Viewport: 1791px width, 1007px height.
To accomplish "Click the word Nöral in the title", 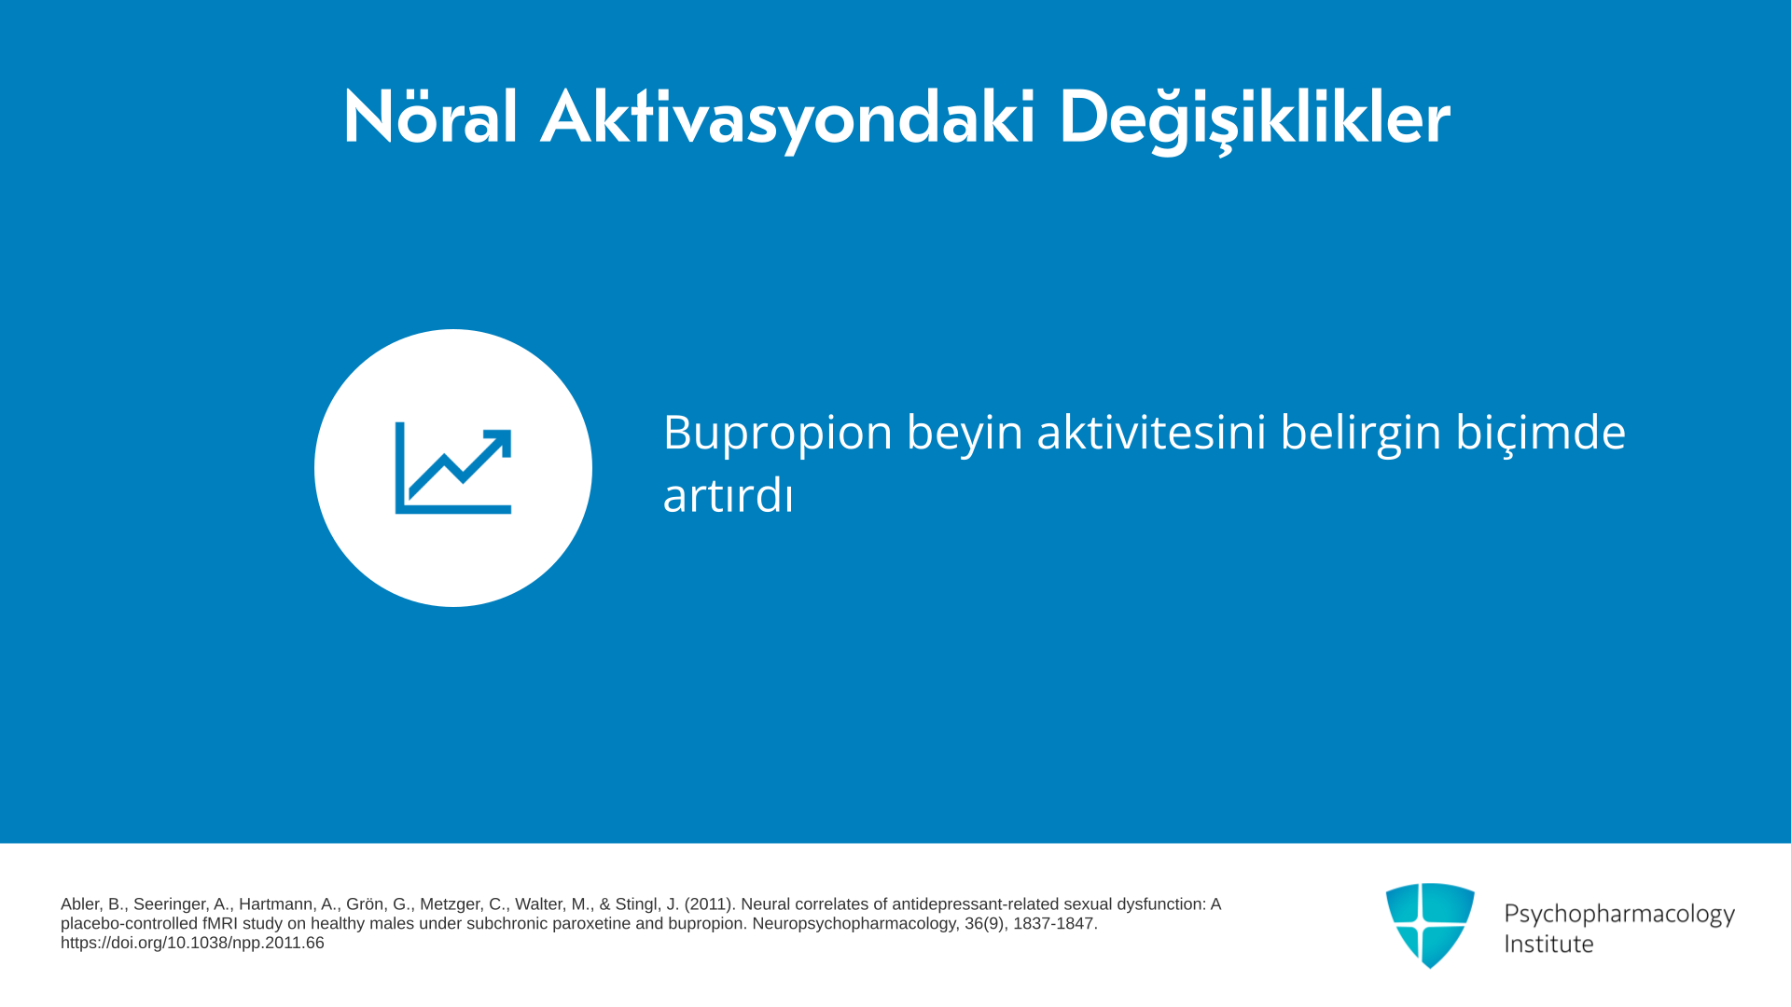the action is pyautogui.click(x=430, y=117).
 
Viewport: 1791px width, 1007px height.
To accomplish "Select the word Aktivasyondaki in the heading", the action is pyautogui.click(x=788, y=118).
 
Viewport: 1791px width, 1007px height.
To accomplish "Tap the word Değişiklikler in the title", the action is pyautogui.click(x=1255, y=118).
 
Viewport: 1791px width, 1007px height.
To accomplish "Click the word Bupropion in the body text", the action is pyautogui.click(x=778, y=434).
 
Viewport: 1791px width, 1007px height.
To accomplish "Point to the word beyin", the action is pyautogui.click(x=965, y=434).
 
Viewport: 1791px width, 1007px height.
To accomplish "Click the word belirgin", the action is pyautogui.click(x=1361, y=434).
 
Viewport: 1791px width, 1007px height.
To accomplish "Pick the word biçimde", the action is pyautogui.click(x=1541, y=434).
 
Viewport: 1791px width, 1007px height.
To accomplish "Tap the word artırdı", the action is pyautogui.click(x=728, y=495).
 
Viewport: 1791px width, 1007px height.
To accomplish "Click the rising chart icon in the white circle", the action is pyautogui.click(x=453, y=468).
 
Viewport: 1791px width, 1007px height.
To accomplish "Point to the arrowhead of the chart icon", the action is pyautogui.click(x=498, y=443).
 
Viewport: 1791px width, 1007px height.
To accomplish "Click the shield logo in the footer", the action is pyautogui.click(x=1430, y=925).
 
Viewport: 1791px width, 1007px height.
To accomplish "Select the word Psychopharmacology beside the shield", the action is pyautogui.click(x=1619, y=915).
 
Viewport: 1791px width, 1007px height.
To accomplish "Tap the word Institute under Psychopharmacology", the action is pyautogui.click(x=1548, y=944).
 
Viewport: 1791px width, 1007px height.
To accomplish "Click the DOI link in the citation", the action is pyautogui.click(x=192, y=943).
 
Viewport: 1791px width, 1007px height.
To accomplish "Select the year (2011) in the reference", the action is pyautogui.click(x=710, y=904).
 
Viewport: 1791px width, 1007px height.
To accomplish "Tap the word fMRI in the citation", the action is pyautogui.click(x=220, y=924).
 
